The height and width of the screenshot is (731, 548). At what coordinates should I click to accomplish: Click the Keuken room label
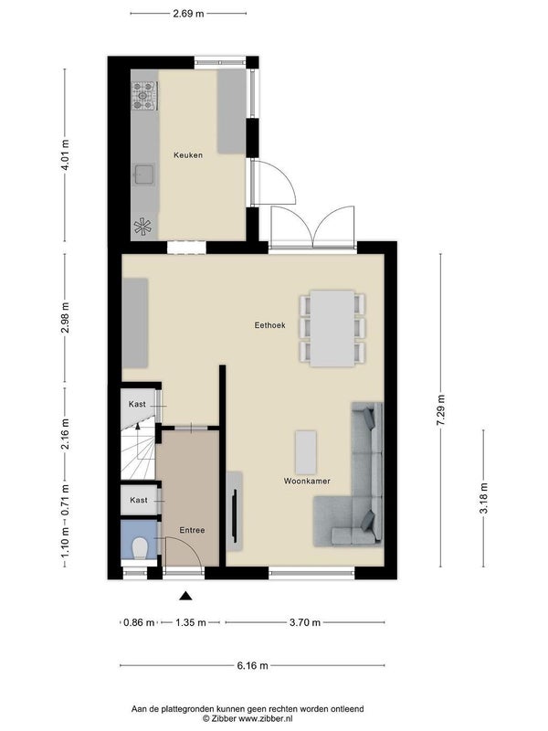tap(188, 154)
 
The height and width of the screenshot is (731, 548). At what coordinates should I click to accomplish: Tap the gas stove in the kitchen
tap(144, 96)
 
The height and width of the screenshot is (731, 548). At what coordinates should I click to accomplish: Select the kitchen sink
tap(144, 175)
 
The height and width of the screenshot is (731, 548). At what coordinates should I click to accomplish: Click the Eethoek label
tap(269, 325)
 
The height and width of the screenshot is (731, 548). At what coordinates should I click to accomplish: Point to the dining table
tap(332, 328)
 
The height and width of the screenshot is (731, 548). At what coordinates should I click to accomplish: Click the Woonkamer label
tap(307, 481)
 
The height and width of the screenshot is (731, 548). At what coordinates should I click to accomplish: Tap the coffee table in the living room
tap(306, 451)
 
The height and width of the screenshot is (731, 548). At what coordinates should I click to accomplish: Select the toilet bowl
tap(140, 548)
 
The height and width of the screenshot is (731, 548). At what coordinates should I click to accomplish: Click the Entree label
tap(192, 530)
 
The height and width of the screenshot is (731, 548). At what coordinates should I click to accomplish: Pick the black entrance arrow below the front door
tap(186, 596)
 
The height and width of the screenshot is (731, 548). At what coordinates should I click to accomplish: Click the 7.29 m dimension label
tap(441, 409)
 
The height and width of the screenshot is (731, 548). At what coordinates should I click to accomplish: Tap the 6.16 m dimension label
tap(253, 665)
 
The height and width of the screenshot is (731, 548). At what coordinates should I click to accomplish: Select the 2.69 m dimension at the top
tap(188, 14)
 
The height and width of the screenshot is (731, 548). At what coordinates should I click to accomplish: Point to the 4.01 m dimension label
tap(65, 154)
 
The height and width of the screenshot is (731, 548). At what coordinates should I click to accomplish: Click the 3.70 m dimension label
tap(305, 622)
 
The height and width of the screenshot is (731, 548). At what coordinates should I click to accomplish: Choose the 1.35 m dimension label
tap(191, 622)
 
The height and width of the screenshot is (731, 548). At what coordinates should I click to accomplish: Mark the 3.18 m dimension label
tap(484, 498)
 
